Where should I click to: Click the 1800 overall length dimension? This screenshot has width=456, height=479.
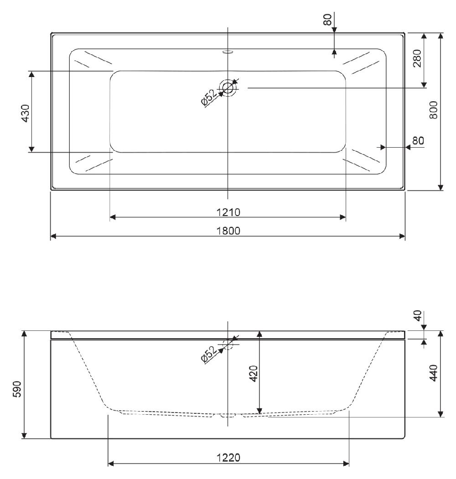[228, 231]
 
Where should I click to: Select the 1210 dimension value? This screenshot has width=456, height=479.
[228, 212]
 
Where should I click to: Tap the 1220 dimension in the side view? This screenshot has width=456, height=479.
[228, 458]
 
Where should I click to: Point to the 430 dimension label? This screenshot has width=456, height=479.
[26, 113]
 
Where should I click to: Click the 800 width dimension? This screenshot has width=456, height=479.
[433, 110]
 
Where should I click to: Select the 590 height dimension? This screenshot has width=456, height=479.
[18, 389]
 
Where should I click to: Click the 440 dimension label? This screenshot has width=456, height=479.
[433, 373]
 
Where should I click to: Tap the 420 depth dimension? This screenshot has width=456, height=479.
[254, 374]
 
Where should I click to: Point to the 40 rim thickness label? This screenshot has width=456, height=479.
[418, 315]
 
